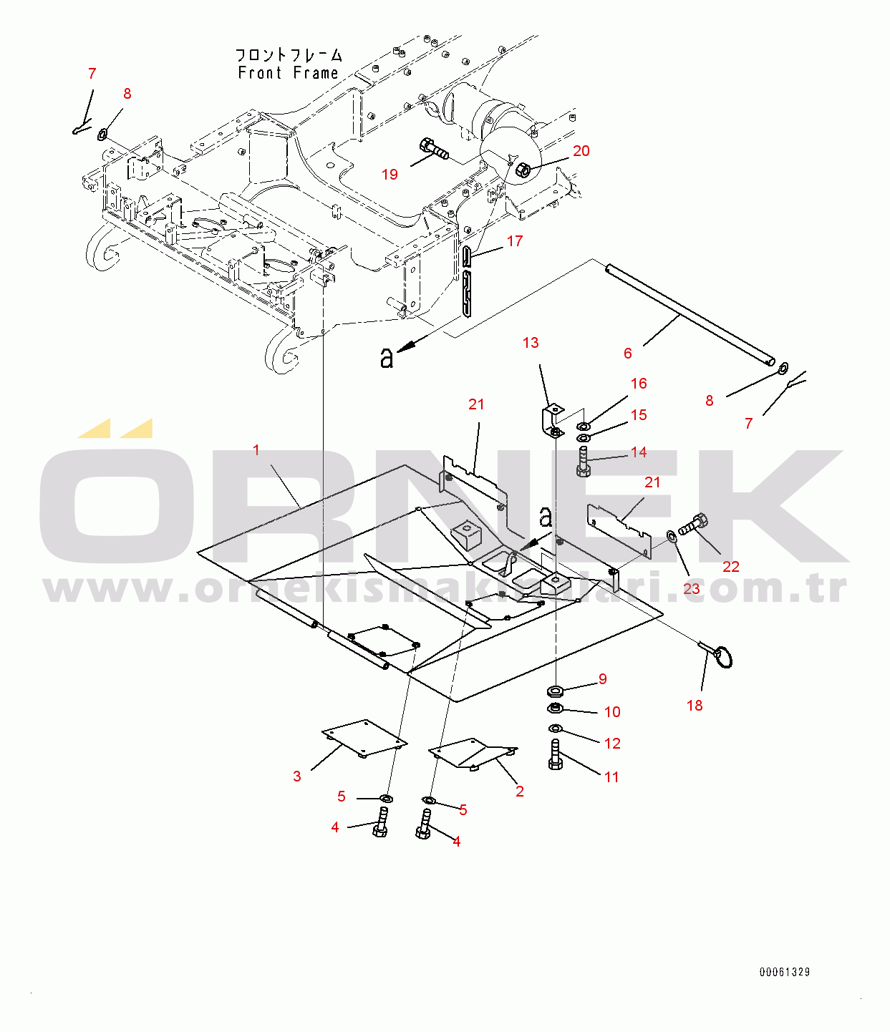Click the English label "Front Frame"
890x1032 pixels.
pyautogui.click(x=288, y=73)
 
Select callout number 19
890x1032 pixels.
pyautogui.click(x=390, y=174)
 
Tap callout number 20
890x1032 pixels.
pyautogui.click(x=581, y=151)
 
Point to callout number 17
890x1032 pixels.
pyautogui.click(x=514, y=240)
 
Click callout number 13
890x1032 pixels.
pyautogui.click(x=531, y=343)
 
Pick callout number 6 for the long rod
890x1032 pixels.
pyautogui.click(x=628, y=353)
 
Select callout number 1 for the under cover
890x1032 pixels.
pyautogui.click(x=256, y=450)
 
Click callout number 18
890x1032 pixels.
pyautogui.click(x=695, y=706)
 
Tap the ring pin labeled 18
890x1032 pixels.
pyautogui.click(x=717, y=655)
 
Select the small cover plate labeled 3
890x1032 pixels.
pyautogui.click(x=364, y=739)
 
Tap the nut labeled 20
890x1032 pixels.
pyautogui.click(x=523, y=170)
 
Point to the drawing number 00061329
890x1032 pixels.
pyautogui.click(x=785, y=972)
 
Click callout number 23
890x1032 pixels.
pyautogui.click(x=691, y=589)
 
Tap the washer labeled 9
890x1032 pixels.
pyautogui.click(x=556, y=691)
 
